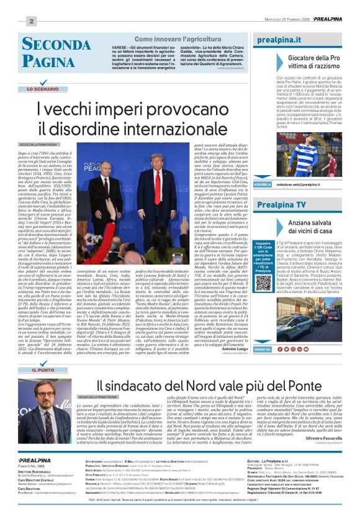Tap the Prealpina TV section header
281,204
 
